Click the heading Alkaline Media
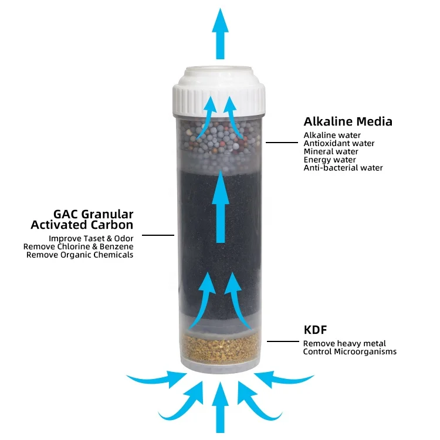point(348,122)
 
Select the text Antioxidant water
point(339,143)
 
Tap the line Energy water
point(330,160)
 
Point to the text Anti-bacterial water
point(343,168)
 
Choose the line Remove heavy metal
point(344,343)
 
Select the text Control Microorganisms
point(350,351)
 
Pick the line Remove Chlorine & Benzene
point(78,247)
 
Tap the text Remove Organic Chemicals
point(80,255)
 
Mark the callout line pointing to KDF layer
point(283,341)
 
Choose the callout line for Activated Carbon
point(158,235)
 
